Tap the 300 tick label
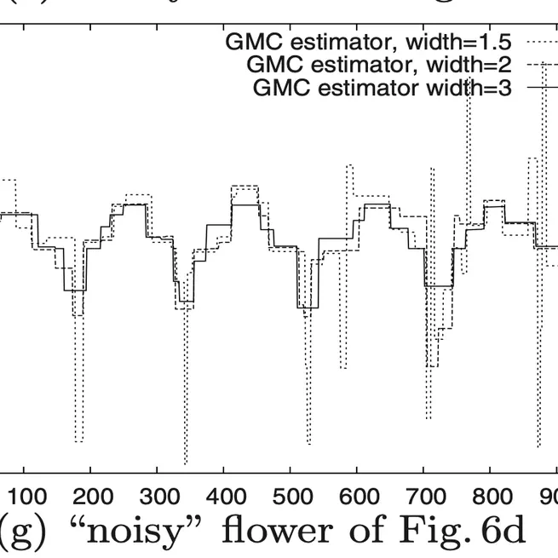pyautogui.click(x=157, y=496)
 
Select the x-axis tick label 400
pyautogui.click(x=223, y=496)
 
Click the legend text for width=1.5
pyautogui.click(x=368, y=41)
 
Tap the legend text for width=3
pyautogui.click(x=383, y=88)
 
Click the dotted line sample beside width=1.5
pyautogui.click(x=538, y=41)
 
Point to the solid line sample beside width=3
pyautogui.click(x=538, y=88)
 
